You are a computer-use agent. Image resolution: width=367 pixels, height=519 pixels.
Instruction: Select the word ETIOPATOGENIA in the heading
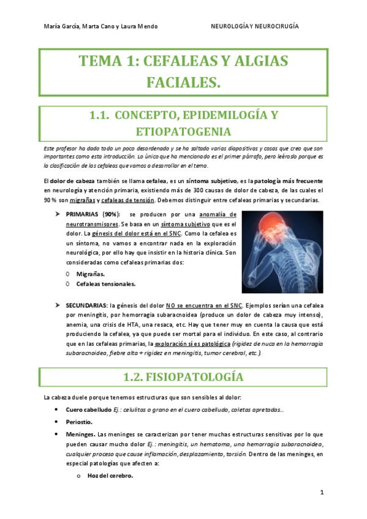pos(183,132)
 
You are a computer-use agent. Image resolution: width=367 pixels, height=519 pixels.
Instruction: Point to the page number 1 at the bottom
pos(322,493)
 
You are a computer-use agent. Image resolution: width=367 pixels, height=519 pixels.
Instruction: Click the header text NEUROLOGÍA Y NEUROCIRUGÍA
pos(255,26)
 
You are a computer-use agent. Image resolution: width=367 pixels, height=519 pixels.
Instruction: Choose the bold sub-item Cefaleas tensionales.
pos(105,283)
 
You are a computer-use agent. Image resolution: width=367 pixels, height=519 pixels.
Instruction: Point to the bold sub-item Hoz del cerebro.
pos(110,476)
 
